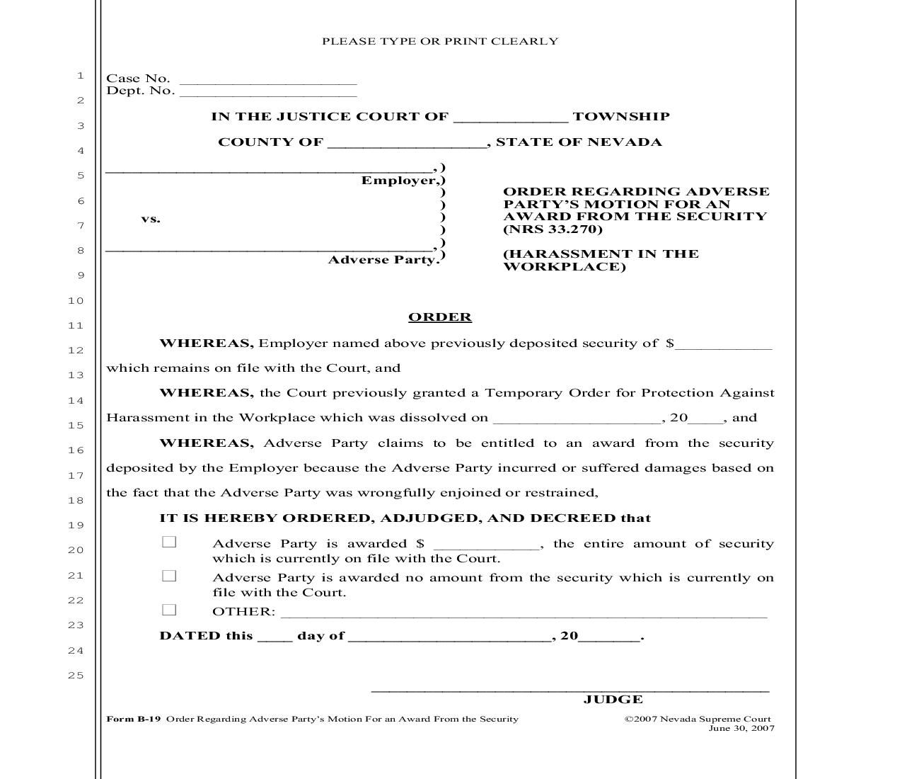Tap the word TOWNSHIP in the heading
coord(620,117)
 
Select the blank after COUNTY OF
coord(406,144)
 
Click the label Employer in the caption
coord(399,181)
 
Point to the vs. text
coord(151,219)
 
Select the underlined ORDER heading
coord(439,317)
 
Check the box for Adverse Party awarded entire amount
coord(169,542)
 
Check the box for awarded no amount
coord(169,576)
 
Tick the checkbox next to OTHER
coord(169,610)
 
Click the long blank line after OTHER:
coord(524,613)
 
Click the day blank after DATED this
coord(274,637)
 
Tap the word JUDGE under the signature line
coord(613,700)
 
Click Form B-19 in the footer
coord(134,719)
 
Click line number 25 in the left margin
coord(76,676)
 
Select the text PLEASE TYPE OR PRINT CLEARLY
coord(440,42)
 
